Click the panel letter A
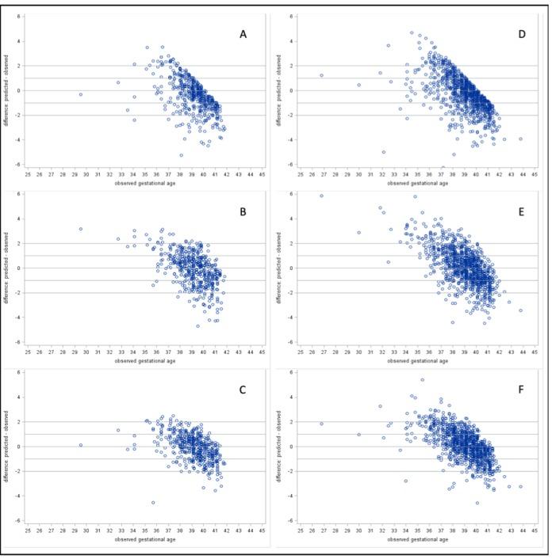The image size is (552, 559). click(x=246, y=34)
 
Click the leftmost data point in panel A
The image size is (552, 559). click(x=81, y=94)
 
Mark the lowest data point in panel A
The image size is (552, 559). click(x=181, y=155)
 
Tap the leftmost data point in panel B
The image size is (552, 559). click(x=81, y=230)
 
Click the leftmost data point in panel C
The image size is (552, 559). click(x=81, y=445)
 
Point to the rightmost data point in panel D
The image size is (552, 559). click(x=520, y=139)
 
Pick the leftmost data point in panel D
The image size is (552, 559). click(x=321, y=75)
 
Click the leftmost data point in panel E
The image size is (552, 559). click(x=321, y=196)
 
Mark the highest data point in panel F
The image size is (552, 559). click(x=422, y=379)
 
